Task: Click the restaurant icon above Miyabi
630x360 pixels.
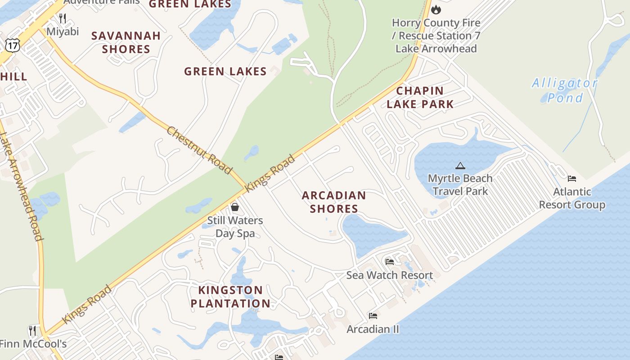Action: tap(63, 18)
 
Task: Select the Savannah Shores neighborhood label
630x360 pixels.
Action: tap(126, 42)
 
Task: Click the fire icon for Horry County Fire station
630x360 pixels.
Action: tap(436, 9)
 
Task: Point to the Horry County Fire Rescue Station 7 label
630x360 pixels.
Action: tap(436, 36)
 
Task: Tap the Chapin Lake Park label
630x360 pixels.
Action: tap(420, 97)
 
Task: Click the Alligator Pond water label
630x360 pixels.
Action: tap(565, 90)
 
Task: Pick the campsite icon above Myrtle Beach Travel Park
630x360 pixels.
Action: tap(460, 166)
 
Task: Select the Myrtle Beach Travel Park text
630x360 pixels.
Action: tap(460, 185)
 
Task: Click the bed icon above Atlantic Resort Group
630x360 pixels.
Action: tap(572, 179)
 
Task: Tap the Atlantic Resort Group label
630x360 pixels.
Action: tap(572, 198)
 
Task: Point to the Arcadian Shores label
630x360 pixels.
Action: tap(334, 202)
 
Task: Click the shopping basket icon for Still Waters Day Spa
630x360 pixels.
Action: tap(235, 207)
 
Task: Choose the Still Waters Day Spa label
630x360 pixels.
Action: tap(235, 227)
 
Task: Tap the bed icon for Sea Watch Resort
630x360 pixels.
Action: tap(390, 261)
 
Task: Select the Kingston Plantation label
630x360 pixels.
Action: tap(230, 297)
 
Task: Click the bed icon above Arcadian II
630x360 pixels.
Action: tap(373, 316)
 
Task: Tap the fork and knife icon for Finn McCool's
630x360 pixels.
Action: tap(32, 331)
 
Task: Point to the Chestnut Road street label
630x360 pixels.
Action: tap(199, 150)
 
